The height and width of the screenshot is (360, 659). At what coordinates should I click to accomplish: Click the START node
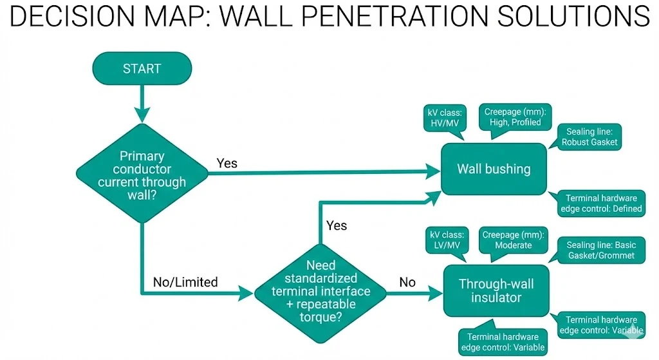click(x=142, y=68)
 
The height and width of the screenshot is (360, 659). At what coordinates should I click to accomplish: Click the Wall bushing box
click(x=494, y=169)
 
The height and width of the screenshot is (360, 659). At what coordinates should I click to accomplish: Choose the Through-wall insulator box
click(x=496, y=291)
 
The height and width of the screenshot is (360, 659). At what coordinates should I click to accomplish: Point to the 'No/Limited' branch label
click(x=185, y=282)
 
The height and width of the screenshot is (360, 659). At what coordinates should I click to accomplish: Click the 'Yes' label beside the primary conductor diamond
click(x=227, y=163)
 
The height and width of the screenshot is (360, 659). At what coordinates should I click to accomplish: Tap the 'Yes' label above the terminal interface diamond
click(x=337, y=225)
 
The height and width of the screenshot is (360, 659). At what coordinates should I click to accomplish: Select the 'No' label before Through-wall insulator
click(x=407, y=282)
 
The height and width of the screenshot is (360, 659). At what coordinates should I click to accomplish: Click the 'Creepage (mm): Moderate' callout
click(x=513, y=240)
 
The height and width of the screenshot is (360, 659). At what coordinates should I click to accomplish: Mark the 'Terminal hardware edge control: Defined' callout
click(x=600, y=203)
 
